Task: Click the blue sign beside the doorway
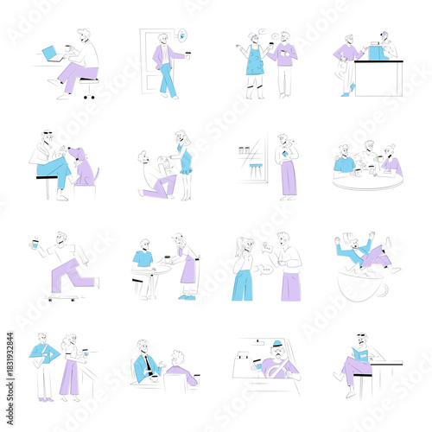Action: (x=181, y=36)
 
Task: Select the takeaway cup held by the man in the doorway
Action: (x=184, y=57)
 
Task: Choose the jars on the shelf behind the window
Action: (x=245, y=150)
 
